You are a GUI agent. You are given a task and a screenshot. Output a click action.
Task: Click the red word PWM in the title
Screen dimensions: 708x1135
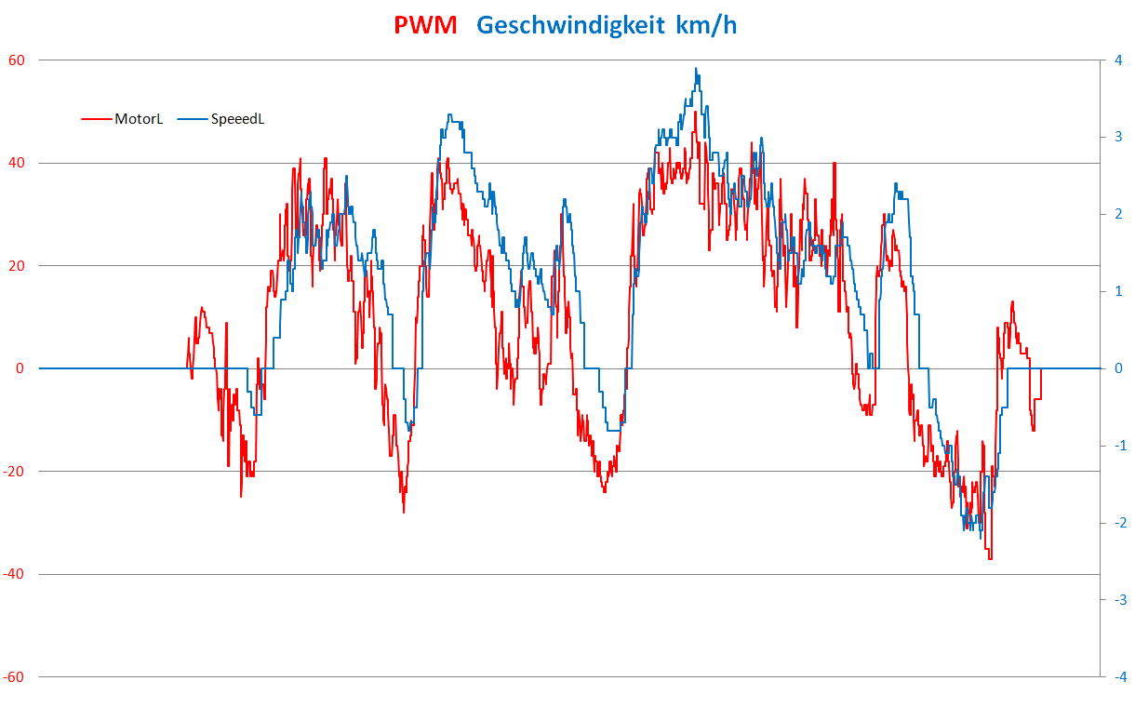pyautogui.click(x=425, y=25)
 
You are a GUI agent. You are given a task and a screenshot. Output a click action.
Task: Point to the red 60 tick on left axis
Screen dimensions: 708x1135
pyautogui.click(x=17, y=60)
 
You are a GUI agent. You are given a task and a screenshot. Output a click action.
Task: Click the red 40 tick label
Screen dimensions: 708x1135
pyautogui.click(x=17, y=164)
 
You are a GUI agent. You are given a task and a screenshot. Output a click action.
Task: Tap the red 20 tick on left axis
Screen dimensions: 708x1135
pyautogui.click(x=17, y=266)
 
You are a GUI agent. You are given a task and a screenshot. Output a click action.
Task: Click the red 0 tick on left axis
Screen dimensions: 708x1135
pyautogui.click(x=20, y=368)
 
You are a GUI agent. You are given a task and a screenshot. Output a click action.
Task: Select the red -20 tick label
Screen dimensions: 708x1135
pyautogui.click(x=15, y=472)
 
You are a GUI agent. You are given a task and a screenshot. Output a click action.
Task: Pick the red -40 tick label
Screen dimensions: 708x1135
pyautogui.click(x=15, y=574)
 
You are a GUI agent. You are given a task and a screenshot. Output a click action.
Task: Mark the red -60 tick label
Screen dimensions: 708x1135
pyautogui.click(x=15, y=677)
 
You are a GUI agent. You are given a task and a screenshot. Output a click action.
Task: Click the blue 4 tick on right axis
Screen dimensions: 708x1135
pyautogui.click(x=1118, y=60)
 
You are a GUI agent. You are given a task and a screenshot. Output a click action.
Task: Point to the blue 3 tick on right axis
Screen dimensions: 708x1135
pyautogui.click(x=1118, y=138)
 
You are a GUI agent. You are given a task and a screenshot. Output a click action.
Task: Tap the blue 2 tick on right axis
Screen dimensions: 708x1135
pyautogui.click(x=1118, y=215)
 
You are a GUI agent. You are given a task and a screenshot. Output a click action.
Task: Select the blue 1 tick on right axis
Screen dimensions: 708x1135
pyautogui.click(x=1118, y=292)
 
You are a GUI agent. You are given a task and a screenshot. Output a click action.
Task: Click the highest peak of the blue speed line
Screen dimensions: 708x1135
pyautogui.click(x=695, y=68)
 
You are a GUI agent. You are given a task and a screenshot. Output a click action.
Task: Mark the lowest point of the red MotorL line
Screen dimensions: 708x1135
pyautogui.click(x=990, y=558)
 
